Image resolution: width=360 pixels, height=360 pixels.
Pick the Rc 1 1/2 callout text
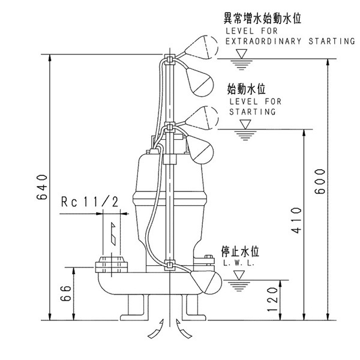click(x=89, y=202)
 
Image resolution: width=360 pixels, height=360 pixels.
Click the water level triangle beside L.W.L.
click(x=240, y=275)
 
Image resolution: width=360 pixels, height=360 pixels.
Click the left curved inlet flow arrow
click(x=157, y=329)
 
